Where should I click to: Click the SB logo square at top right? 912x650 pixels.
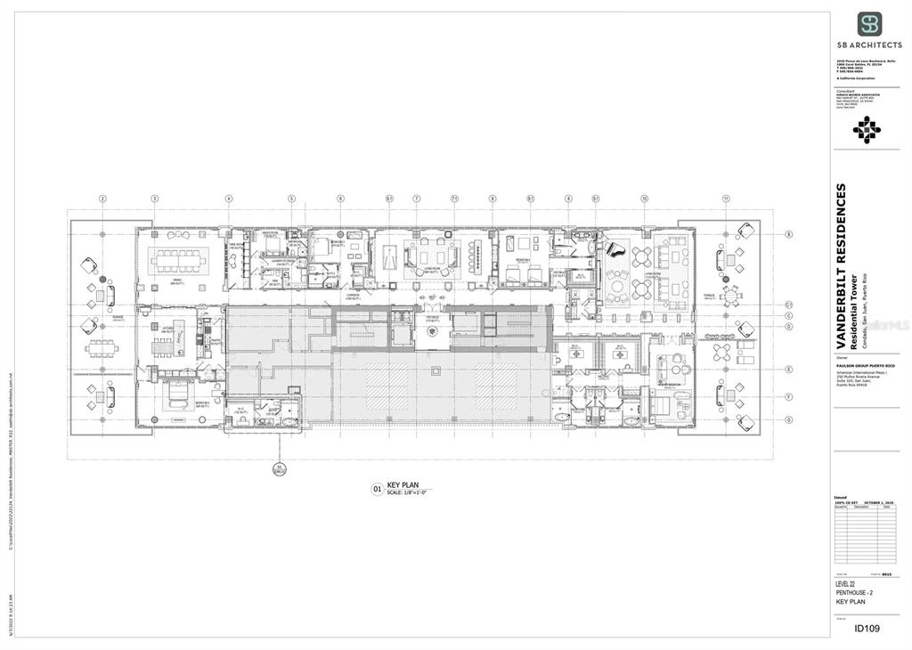869,24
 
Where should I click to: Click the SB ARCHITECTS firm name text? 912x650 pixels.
869,43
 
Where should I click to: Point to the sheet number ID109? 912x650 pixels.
867,629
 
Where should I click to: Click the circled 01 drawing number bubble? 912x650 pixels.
377,488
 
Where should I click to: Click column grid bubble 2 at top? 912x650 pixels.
102,199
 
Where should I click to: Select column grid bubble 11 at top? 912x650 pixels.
726,199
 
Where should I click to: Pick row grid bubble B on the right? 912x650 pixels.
788,234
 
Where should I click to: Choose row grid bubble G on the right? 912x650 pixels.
788,418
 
